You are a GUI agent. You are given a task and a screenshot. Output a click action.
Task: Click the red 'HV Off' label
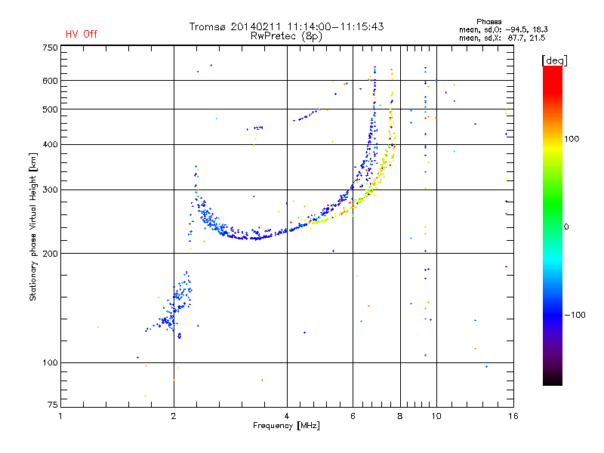pyautogui.click(x=82, y=34)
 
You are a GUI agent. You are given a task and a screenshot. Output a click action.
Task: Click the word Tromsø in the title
pyautogui.click(x=207, y=26)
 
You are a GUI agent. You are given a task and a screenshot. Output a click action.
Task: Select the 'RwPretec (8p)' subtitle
pyautogui.click(x=286, y=36)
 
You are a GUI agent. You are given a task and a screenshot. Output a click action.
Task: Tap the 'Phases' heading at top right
pyautogui.click(x=488, y=22)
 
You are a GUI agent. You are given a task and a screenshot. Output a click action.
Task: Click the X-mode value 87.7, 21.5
pyautogui.click(x=526, y=38)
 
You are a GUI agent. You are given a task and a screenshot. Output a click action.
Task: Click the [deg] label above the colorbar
pyautogui.click(x=554, y=60)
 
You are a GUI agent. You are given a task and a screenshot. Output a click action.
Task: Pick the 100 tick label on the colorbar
pyautogui.click(x=572, y=139)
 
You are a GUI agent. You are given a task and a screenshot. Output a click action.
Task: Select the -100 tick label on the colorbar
pyautogui.click(x=575, y=315)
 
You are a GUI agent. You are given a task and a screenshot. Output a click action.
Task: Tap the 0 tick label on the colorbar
pyautogui.click(x=566, y=227)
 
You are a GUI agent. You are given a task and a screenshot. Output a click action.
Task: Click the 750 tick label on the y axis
pyautogui.click(x=50, y=48)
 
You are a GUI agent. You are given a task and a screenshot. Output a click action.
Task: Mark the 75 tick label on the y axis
pyautogui.click(x=53, y=405)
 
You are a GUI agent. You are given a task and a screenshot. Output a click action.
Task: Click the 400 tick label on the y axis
pyautogui.click(x=50, y=144)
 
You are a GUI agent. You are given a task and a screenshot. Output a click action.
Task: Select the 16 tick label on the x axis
pyautogui.click(x=513, y=416)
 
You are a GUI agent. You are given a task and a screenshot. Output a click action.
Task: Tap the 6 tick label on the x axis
pyautogui.click(x=353, y=416)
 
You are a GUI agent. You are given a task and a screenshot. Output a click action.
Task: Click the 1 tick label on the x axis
pyautogui.click(x=60, y=416)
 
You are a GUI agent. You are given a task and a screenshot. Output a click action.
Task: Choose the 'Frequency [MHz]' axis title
pyautogui.click(x=286, y=426)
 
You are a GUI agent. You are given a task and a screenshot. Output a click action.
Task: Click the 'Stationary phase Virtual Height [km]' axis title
pyautogui.click(x=32, y=227)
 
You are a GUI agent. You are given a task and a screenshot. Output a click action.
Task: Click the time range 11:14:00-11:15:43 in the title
pyautogui.click(x=335, y=26)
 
